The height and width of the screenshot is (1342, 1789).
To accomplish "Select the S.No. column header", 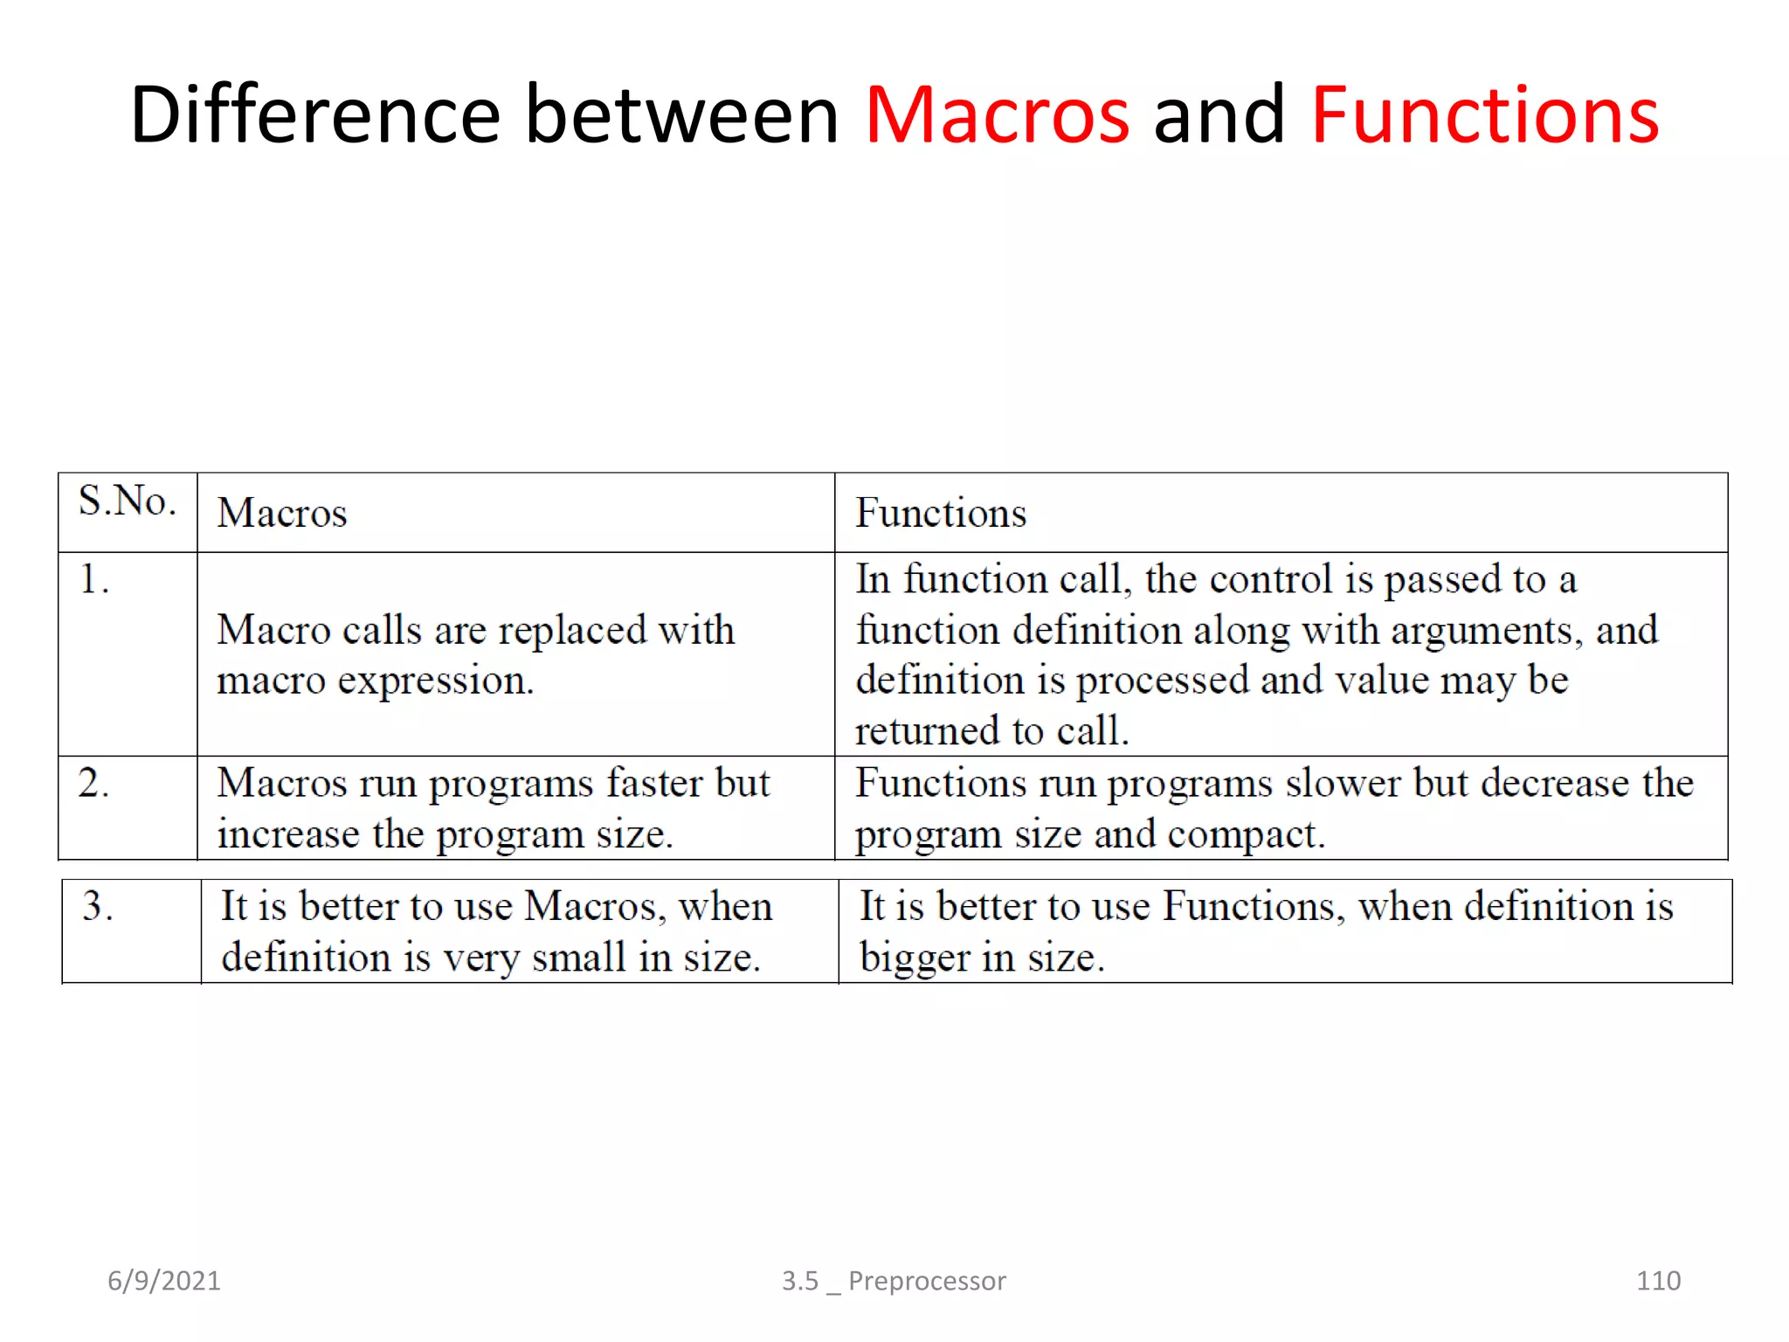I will pos(128,502).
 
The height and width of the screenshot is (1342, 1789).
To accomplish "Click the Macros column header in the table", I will pos(281,513).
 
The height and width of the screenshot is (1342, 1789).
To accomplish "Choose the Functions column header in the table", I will pos(941,513).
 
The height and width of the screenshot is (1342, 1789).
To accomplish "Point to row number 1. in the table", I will pos(94,579).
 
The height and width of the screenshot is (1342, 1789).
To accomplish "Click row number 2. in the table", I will pos(93,783).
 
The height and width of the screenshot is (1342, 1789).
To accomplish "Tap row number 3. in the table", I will pos(98,906).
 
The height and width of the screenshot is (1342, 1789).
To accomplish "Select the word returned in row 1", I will pos(934,731).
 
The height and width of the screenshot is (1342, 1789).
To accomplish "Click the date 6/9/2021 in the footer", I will pos(164,1281).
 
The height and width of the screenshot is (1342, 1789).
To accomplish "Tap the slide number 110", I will pos(1658,1281).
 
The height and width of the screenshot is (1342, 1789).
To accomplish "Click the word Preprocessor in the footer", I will pos(927,1281).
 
